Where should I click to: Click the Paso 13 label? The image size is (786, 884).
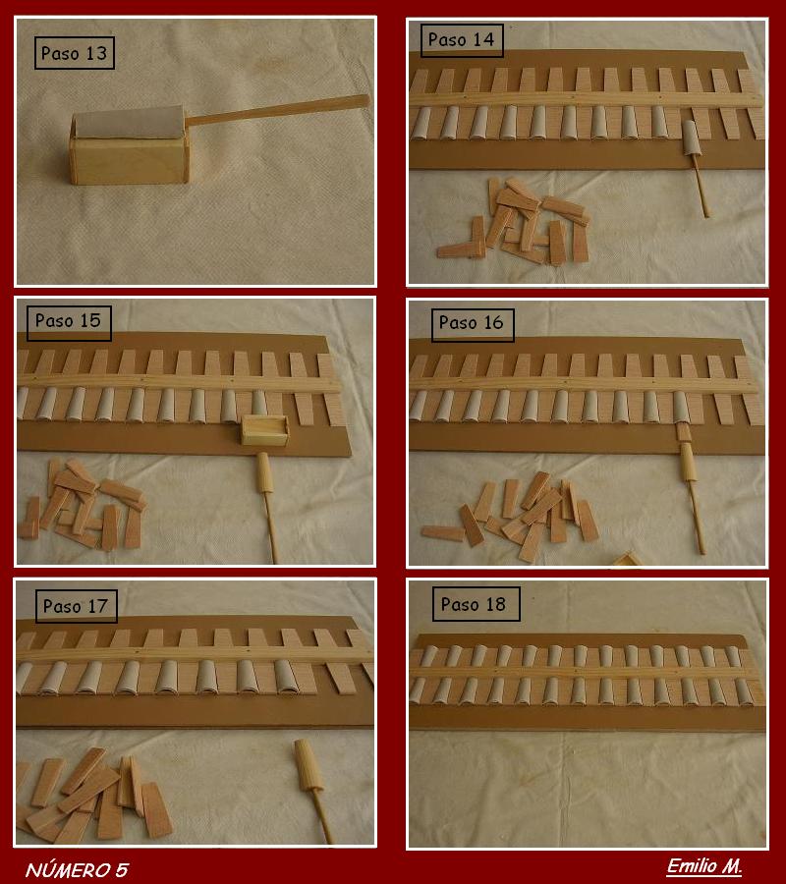75,53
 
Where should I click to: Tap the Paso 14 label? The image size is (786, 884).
461,39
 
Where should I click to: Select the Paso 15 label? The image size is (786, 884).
68,321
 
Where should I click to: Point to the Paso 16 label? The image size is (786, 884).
472,323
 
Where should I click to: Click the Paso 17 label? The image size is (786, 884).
76,607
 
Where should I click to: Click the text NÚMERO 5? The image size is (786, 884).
78,870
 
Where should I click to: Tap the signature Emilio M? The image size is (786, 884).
704,866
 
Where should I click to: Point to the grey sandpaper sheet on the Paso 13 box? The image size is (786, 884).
129,123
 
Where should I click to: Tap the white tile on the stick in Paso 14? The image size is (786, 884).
691,138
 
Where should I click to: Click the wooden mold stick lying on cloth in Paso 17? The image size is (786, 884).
314,790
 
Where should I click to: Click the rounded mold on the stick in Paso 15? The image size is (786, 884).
264,471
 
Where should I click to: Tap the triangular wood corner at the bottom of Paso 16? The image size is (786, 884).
627,560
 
